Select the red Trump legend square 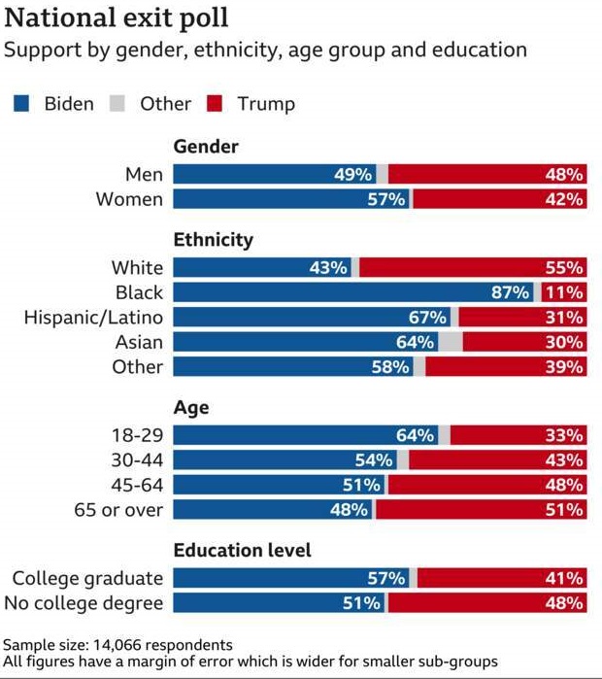point(217,104)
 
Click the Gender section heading point(206,147)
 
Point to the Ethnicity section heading point(213,240)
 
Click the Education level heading point(242,551)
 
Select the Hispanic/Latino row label point(93,318)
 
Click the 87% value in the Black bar point(510,292)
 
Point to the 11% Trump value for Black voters point(564,292)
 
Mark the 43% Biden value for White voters point(328,267)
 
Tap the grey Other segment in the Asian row point(451,343)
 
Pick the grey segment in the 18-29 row point(444,435)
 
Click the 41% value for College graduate point(564,579)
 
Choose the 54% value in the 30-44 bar point(374,460)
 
